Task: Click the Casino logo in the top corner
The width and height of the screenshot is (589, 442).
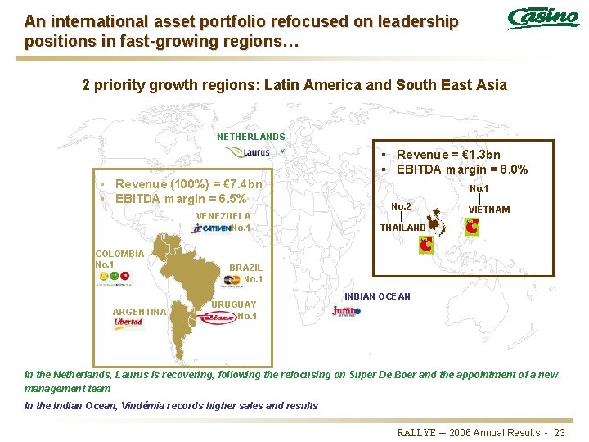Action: click(543, 17)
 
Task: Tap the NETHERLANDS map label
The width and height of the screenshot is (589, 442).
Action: click(251, 138)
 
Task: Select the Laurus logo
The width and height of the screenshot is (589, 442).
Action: click(250, 152)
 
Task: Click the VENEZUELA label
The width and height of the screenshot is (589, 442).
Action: click(223, 216)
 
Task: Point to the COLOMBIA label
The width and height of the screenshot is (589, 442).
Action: click(119, 254)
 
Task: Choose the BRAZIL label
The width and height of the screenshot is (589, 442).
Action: click(245, 268)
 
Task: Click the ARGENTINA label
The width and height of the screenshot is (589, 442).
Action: click(140, 312)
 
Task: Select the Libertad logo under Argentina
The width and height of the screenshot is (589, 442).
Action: click(128, 322)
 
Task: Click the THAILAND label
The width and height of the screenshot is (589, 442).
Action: click(403, 228)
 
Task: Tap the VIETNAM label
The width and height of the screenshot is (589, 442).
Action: click(489, 210)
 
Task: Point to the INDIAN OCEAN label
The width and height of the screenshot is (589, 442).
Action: click(377, 296)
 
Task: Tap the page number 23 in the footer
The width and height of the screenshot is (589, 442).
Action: click(560, 432)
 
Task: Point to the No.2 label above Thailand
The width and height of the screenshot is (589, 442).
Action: click(402, 206)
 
